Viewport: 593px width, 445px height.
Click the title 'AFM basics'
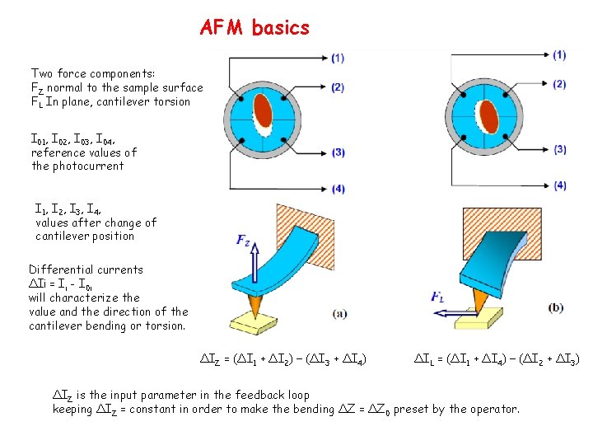coord(254,28)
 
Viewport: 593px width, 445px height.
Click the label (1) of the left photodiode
coord(338,59)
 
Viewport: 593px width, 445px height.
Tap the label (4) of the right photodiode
coord(560,185)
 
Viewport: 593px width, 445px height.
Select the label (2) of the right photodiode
coord(560,84)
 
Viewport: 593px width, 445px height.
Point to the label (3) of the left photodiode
coord(338,152)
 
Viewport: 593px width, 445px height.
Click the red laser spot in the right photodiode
coord(488,112)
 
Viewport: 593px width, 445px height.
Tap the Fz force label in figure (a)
coord(244,241)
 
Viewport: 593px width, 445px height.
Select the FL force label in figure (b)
coord(439,297)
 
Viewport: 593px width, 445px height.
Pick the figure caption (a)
coord(339,314)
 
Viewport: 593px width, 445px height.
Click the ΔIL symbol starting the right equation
coord(423,359)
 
